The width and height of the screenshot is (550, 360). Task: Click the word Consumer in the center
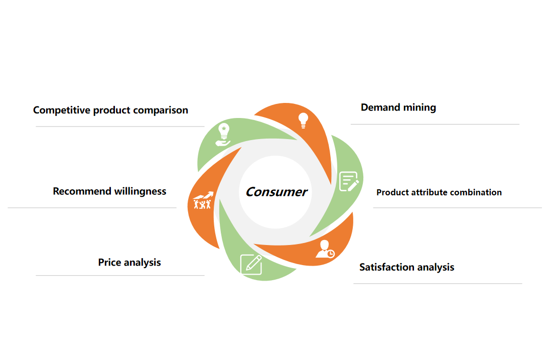(x=277, y=192)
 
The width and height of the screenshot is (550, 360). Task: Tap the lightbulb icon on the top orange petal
(x=303, y=121)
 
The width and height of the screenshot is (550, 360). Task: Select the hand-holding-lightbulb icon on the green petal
(x=223, y=135)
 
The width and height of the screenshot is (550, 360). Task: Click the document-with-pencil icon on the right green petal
(x=349, y=181)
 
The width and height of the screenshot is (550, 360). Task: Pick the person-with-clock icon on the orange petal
(x=325, y=249)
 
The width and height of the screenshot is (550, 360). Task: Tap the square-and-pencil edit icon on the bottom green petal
(x=251, y=265)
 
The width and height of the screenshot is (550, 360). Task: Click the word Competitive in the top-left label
(x=62, y=110)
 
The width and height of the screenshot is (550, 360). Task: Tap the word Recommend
(x=82, y=191)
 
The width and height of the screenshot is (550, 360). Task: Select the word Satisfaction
(x=387, y=268)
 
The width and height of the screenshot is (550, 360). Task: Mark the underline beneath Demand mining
(x=435, y=124)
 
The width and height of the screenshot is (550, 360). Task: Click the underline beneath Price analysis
(x=120, y=276)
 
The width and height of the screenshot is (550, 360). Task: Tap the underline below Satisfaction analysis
(x=438, y=284)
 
